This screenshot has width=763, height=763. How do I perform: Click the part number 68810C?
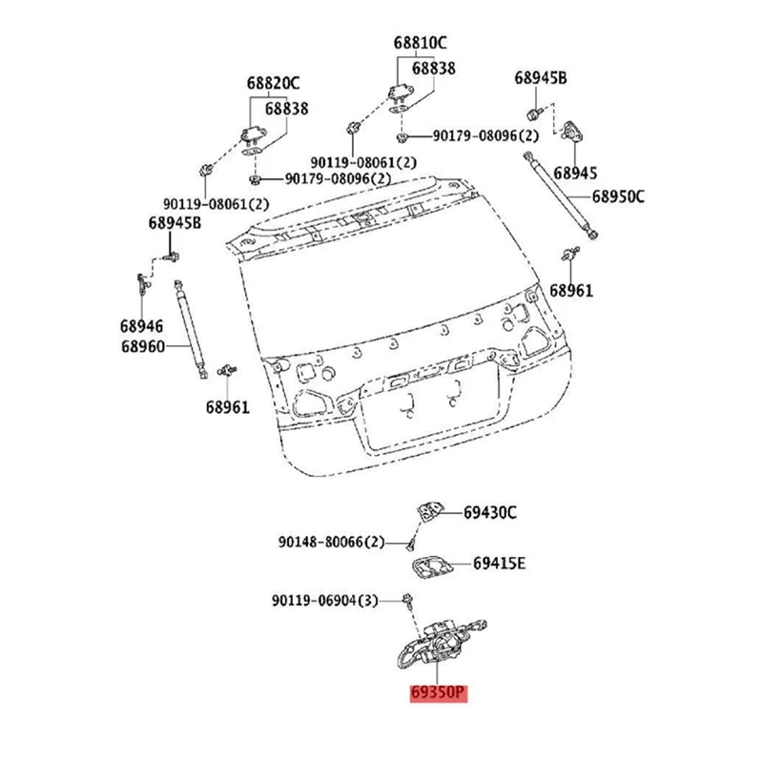(x=420, y=43)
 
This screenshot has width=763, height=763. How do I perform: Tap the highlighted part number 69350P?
(x=439, y=693)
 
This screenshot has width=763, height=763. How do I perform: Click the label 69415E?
(x=499, y=563)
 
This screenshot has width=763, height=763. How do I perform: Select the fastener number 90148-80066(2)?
(x=331, y=542)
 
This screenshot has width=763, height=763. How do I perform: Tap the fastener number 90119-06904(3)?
(x=324, y=602)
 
